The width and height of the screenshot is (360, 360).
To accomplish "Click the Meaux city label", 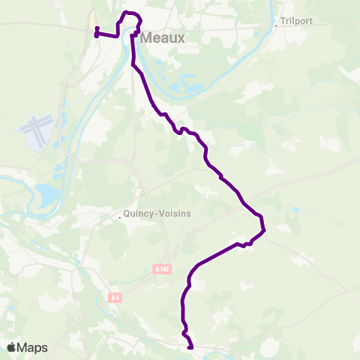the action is pos(160,37).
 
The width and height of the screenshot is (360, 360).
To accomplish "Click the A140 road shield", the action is pos(159,268).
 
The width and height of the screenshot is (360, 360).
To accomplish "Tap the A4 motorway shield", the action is pos(114,298).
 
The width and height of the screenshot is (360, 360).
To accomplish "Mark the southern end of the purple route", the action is pos(191,348).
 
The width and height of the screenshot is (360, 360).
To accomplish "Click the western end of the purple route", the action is pos(96,34).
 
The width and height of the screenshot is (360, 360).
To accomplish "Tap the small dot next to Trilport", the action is pos(276,25).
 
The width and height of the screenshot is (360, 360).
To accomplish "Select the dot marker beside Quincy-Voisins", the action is pos(120,219).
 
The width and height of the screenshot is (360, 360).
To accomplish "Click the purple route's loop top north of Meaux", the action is pos(129,13).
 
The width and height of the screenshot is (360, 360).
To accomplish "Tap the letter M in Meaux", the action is pos(145,37).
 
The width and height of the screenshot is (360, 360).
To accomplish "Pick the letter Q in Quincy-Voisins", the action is pos(128,214).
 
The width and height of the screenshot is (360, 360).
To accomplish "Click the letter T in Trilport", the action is pos(283,22).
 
